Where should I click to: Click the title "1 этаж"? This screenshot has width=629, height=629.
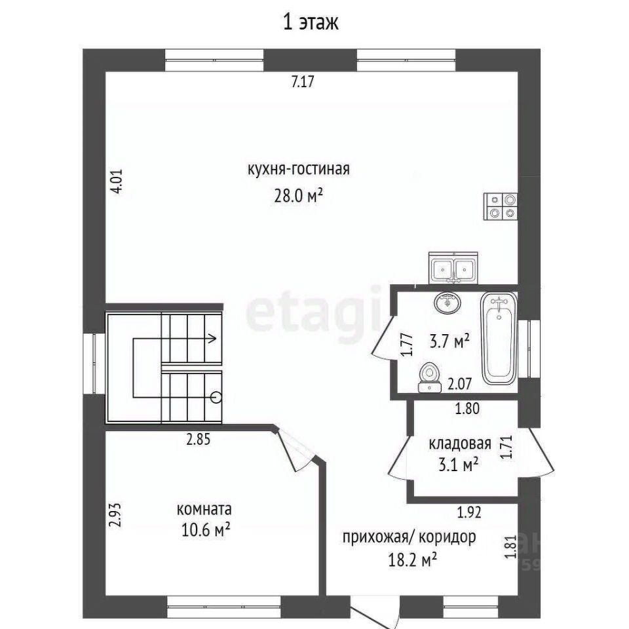(311, 22)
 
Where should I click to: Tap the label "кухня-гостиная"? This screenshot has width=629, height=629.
(299, 169)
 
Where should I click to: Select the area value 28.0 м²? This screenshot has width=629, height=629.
(299, 196)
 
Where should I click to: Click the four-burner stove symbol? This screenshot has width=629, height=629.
(501, 206)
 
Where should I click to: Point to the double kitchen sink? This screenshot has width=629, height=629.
(453, 268)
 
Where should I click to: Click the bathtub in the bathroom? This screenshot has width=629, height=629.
(499, 338)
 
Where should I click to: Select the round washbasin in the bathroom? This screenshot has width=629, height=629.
(448, 303)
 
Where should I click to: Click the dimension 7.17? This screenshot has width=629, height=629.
(303, 81)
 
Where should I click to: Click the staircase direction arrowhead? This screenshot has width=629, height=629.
(212, 338)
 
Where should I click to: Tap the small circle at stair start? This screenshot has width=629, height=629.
(216, 397)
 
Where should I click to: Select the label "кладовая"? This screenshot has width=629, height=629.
(460, 444)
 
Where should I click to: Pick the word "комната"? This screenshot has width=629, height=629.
(204, 510)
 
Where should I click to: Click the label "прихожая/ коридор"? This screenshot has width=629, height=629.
(409, 537)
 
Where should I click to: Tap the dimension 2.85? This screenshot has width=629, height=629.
(198, 439)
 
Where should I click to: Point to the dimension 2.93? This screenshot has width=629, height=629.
(115, 515)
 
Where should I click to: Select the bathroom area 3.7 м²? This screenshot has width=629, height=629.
(449, 342)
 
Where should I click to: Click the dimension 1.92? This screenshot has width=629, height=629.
(469, 512)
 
